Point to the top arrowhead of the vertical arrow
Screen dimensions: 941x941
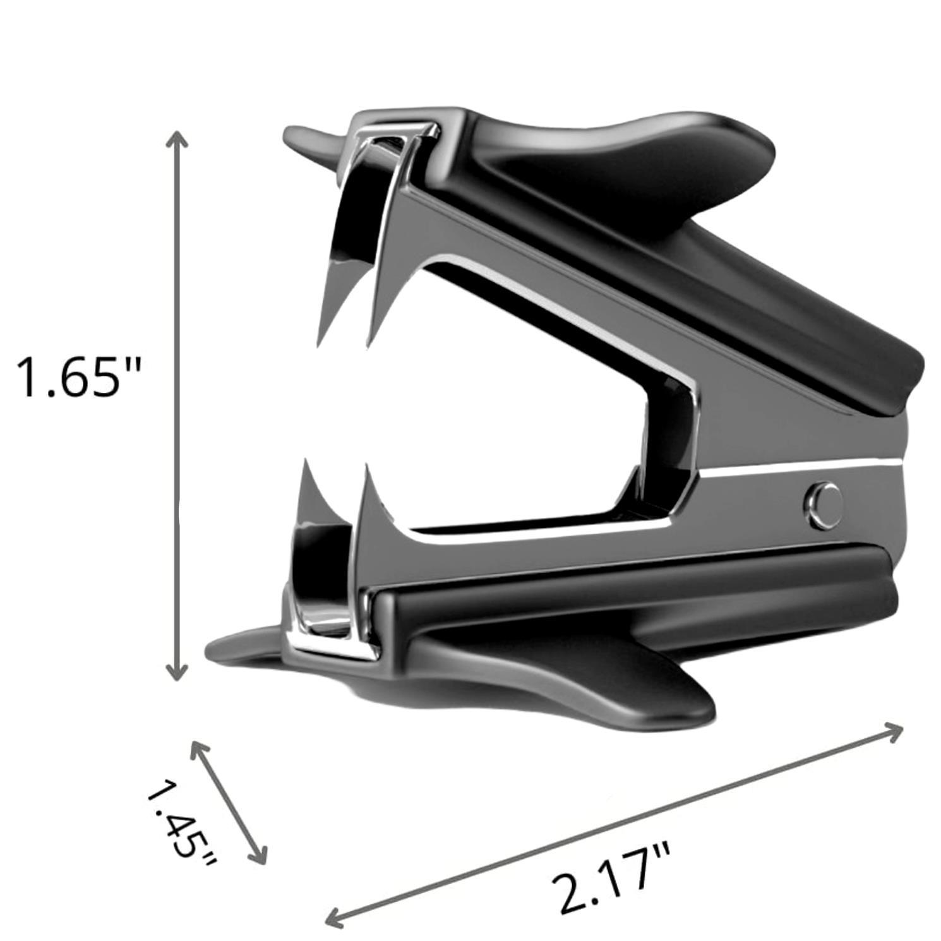[177, 138]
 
